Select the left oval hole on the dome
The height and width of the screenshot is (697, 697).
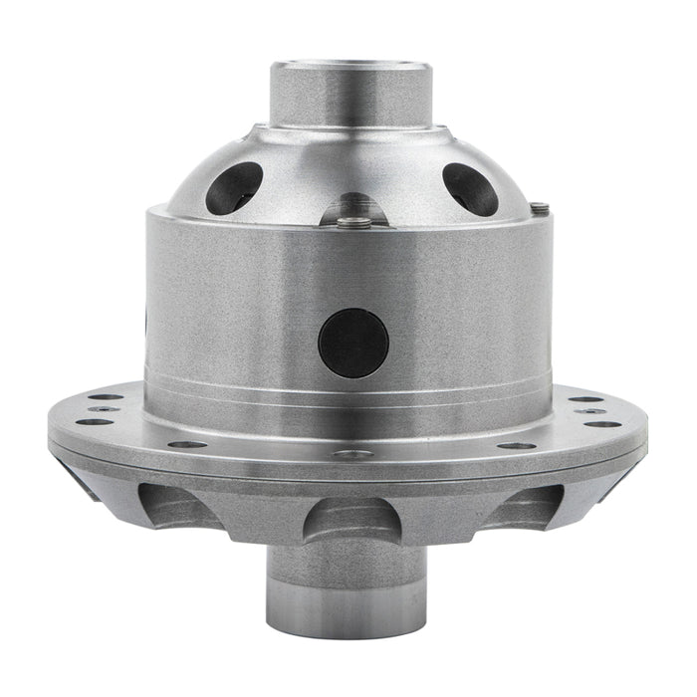click(235, 187)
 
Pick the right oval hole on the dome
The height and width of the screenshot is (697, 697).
click(470, 188)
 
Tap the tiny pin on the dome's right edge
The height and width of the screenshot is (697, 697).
click(539, 208)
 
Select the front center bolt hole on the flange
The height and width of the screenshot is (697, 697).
click(352, 454)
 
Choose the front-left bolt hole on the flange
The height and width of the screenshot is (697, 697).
click(187, 444)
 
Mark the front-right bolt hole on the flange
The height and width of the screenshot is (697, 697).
click(516, 445)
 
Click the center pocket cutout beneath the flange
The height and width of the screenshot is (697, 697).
click(349, 519)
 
